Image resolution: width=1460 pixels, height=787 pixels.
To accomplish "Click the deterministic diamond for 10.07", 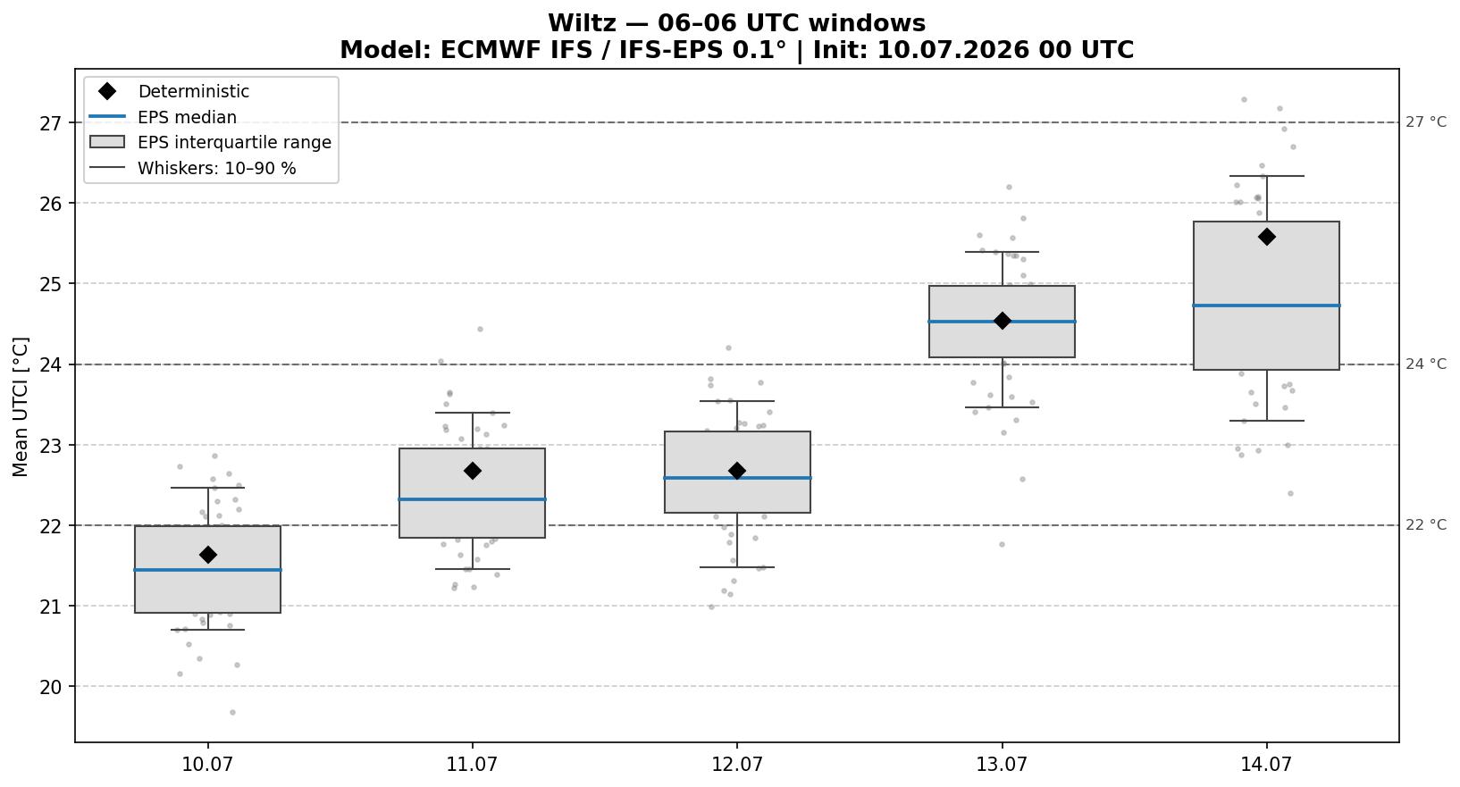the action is tap(208, 555).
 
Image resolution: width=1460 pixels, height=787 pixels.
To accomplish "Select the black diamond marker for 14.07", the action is tap(1266, 237).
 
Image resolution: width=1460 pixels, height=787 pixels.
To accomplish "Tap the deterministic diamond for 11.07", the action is tap(473, 471).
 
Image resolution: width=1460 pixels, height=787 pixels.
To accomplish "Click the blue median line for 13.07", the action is tap(1002, 322).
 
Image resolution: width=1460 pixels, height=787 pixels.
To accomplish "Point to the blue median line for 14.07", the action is tap(1266, 305).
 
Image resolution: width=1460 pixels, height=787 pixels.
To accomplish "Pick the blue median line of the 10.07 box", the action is tap(208, 569).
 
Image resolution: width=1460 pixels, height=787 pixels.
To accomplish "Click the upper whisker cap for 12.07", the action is tap(737, 401).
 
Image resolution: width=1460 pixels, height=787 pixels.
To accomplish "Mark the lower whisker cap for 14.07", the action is tap(1266, 420).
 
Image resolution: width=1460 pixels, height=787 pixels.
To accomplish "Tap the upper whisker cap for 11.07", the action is tap(473, 413).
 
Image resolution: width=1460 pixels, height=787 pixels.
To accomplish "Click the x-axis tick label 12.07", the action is tap(737, 764).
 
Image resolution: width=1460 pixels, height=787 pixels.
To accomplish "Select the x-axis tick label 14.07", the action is tap(1266, 764).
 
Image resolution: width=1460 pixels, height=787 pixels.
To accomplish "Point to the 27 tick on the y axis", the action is tap(49, 123).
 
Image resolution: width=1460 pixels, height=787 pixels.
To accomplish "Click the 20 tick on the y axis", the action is tap(49, 687).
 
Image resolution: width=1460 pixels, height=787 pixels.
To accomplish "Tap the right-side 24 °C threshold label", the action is tap(1425, 364).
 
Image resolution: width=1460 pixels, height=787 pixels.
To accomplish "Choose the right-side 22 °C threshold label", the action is tap(1425, 524).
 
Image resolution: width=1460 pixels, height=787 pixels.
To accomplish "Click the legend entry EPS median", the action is tap(187, 117).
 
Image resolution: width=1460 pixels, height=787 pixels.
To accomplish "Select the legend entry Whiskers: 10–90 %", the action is tap(216, 168).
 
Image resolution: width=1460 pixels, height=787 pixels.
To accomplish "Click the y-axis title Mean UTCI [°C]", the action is tap(21, 406).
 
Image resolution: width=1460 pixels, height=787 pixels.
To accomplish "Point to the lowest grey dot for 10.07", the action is tap(232, 712).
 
